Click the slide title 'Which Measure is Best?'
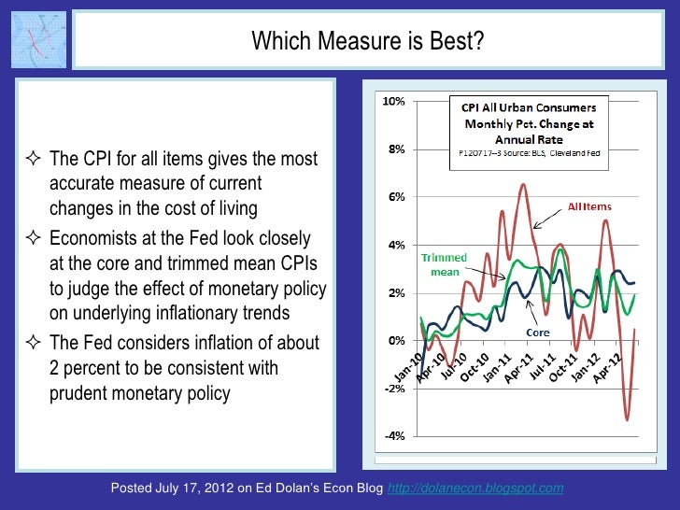[367, 41]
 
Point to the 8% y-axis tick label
[395, 149]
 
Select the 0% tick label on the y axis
[395, 340]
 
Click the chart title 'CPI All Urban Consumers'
[530, 106]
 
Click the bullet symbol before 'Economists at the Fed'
[34, 238]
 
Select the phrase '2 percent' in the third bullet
[84, 368]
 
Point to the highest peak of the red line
[522, 185]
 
